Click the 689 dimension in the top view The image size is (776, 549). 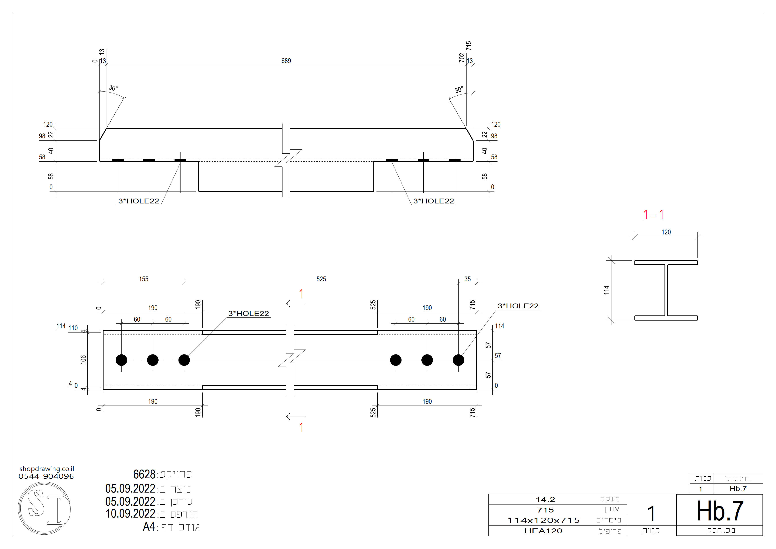pyautogui.click(x=286, y=61)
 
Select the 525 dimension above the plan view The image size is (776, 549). pyautogui.click(x=321, y=279)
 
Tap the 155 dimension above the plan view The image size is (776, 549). pyautogui.click(x=144, y=279)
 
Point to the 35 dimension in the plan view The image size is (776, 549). pyautogui.click(x=467, y=279)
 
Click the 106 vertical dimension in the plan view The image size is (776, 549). pyautogui.click(x=83, y=360)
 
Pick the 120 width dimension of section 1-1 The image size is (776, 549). pyautogui.click(x=666, y=232)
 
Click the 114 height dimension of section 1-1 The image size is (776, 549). pyautogui.click(x=606, y=290)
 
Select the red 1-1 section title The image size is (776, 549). pyautogui.click(x=653, y=215)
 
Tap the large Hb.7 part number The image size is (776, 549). pyautogui.click(x=720, y=511)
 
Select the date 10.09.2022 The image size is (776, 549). pyautogui.click(x=130, y=514)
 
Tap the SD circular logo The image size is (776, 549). pyautogui.click(x=44, y=508)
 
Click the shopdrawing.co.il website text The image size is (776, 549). pyautogui.click(x=47, y=469)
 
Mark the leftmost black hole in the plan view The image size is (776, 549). pyautogui.click(x=121, y=360)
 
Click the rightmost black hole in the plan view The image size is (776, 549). pyautogui.click(x=458, y=360)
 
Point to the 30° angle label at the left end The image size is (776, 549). pyautogui.click(x=113, y=88)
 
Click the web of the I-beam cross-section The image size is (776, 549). pyautogui.click(x=666, y=290)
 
